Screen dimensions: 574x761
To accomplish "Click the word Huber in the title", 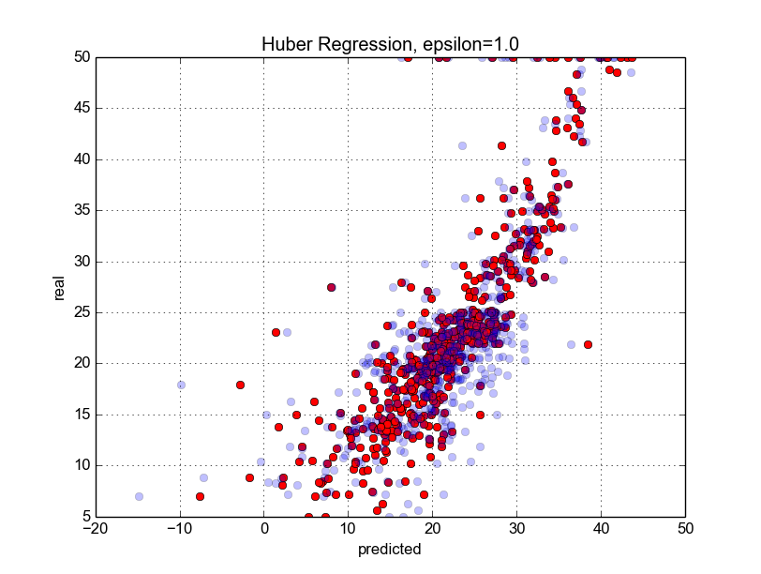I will click(x=282, y=43).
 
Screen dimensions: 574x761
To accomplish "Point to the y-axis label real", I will click(x=59, y=287).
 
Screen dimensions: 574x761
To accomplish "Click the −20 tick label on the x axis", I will click(x=95, y=530).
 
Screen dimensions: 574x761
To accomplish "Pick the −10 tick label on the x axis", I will click(x=179, y=530).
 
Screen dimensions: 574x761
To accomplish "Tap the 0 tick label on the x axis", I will click(x=263, y=530).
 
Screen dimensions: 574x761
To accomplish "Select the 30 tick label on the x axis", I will click(x=516, y=530).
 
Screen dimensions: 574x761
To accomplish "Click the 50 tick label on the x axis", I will click(x=685, y=530).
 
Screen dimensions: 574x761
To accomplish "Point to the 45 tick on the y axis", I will click(x=81, y=108).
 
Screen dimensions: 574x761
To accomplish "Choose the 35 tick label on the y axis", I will click(x=81, y=210).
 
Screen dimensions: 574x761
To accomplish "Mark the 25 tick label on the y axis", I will click(x=81, y=312).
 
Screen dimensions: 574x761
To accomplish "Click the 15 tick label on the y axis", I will click(x=81, y=415).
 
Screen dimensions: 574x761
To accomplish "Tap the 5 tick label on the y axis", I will click(x=84, y=517).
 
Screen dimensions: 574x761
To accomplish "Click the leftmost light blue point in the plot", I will click(x=139, y=496).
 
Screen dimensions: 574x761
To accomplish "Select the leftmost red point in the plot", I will click(x=200, y=496).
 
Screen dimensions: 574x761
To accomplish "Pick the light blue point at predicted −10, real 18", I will click(x=181, y=385).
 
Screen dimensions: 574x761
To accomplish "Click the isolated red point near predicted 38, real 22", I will click(x=588, y=344).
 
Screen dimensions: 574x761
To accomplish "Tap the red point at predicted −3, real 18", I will click(x=240, y=385).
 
